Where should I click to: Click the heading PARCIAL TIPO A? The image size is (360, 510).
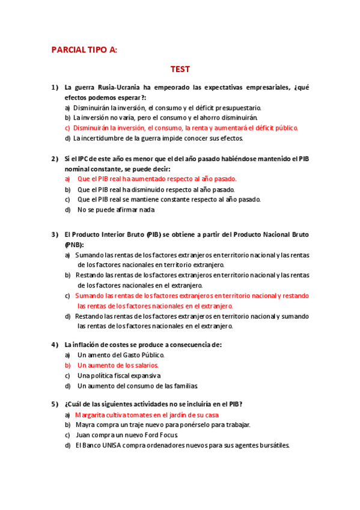pyautogui.click(x=84, y=50)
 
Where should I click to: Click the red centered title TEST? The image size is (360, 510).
pyautogui.click(x=180, y=69)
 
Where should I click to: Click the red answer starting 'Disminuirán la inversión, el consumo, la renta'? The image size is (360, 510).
pyautogui.click(x=186, y=128)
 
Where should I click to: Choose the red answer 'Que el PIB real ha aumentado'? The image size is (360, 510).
pyautogui.click(x=157, y=179)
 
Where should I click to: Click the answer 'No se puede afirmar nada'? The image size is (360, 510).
pyautogui.click(x=116, y=210)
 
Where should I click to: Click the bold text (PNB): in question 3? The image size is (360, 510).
pyautogui.click(x=75, y=245)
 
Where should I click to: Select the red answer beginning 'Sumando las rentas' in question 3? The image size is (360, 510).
pyautogui.click(x=191, y=301)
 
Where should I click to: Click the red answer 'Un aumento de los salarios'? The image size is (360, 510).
pyautogui.click(x=118, y=365)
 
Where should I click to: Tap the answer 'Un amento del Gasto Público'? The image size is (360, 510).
pyautogui.click(x=121, y=355)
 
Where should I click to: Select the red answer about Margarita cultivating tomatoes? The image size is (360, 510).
pyautogui.click(x=147, y=415)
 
